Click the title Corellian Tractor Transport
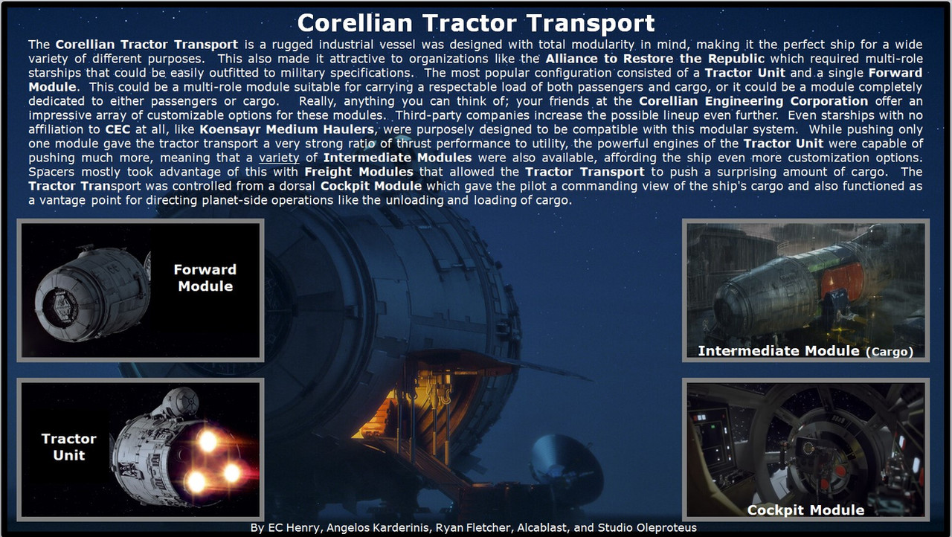(476, 22)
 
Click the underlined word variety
(279, 158)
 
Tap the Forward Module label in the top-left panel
(205, 277)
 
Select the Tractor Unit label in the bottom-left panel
(69, 446)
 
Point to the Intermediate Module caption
(805, 351)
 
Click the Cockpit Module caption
(805, 509)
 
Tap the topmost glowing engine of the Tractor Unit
(208, 440)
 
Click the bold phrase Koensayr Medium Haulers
(287, 129)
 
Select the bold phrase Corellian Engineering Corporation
(753, 101)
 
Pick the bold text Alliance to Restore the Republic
(655, 59)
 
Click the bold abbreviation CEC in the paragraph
(118, 129)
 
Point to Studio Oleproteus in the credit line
(647, 527)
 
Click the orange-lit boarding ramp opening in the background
(408, 408)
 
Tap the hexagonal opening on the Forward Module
(61, 306)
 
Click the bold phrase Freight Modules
(358, 172)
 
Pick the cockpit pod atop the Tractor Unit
(181, 402)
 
